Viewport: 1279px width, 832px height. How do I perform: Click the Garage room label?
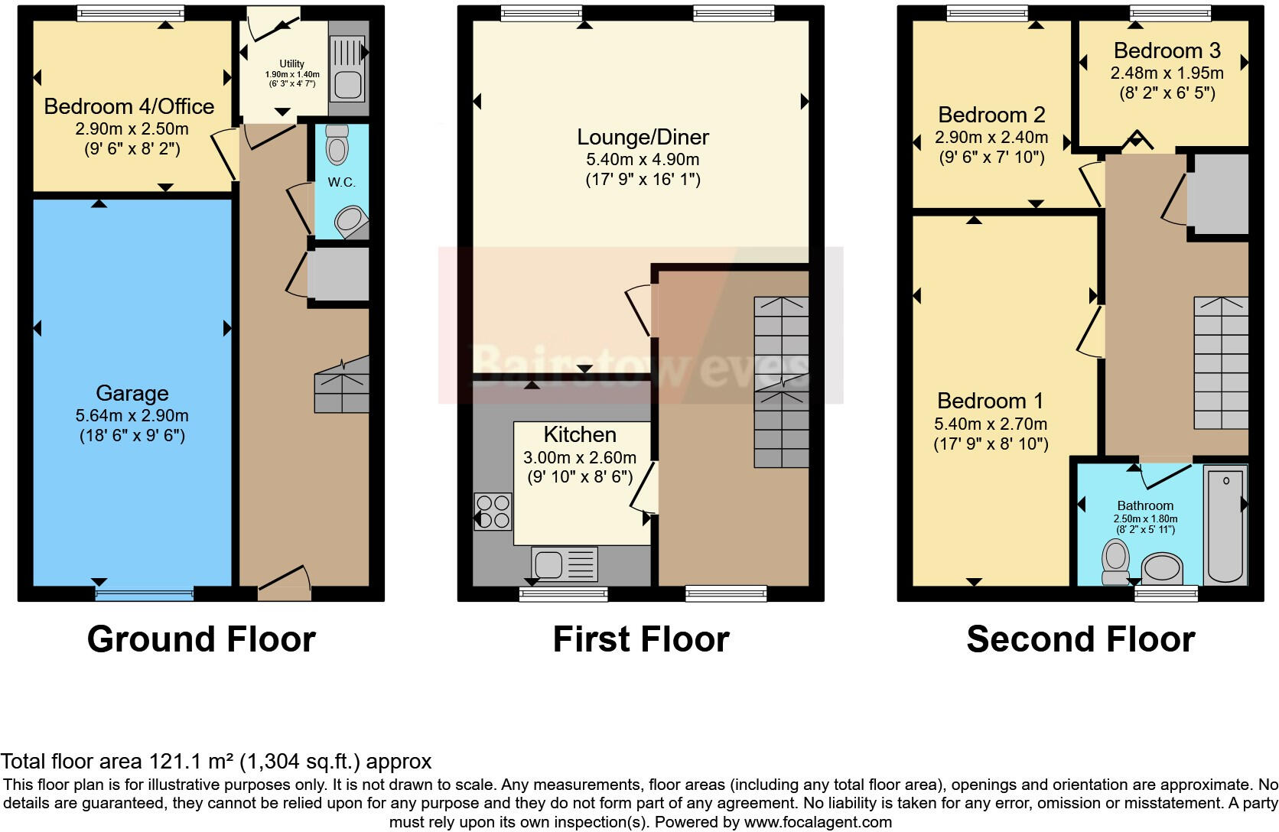click(132, 393)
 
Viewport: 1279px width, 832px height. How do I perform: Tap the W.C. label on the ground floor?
click(341, 182)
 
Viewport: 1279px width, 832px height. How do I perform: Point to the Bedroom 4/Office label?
click(129, 106)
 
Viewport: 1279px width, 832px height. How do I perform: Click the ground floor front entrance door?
click(285, 581)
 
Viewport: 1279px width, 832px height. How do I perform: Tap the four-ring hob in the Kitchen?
click(493, 512)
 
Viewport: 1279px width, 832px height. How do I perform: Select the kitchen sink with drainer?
click(565, 564)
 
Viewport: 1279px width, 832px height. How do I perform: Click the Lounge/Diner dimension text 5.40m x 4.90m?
click(643, 160)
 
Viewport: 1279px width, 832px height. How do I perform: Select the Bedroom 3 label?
click(1167, 50)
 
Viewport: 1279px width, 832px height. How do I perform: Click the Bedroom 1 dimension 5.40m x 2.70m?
click(991, 424)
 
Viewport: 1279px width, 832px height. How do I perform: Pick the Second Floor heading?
click(1080, 639)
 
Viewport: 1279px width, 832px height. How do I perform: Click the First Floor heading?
click(641, 639)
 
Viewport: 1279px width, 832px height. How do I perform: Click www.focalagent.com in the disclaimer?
click(818, 823)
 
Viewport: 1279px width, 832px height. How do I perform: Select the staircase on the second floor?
click(1221, 363)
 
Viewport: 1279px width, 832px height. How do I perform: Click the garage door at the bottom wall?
click(145, 593)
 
